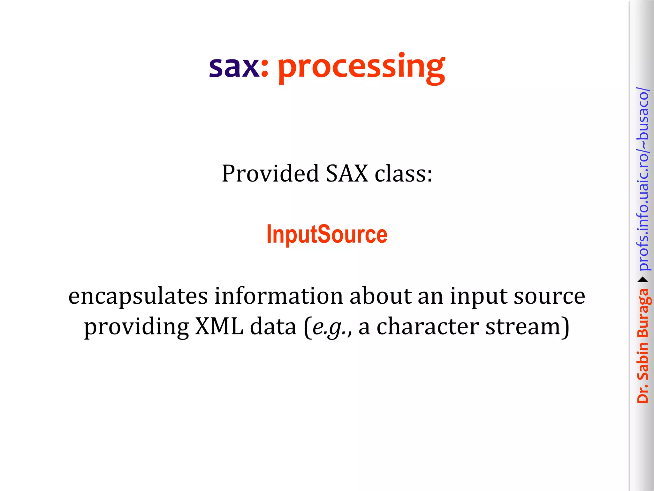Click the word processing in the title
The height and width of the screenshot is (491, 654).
(x=361, y=68)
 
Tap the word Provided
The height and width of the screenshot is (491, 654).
(x=270, y=174)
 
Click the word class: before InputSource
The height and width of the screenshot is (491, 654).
(x=403, y=174)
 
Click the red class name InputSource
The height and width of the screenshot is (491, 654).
(x=327, y=234)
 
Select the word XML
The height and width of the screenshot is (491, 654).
(x=219, y=327)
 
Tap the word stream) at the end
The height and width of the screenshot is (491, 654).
(x=527, y=327)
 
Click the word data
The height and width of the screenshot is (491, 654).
(x=273, y=327)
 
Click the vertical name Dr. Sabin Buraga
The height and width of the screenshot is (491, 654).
(x=643, y=345)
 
